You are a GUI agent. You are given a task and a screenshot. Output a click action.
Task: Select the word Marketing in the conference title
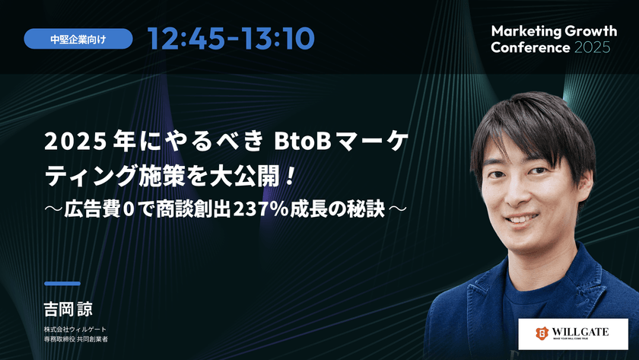pos(526,31)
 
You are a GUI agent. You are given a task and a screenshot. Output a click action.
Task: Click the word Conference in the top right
pos(530,47)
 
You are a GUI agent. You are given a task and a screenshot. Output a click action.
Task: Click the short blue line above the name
pos(62,283)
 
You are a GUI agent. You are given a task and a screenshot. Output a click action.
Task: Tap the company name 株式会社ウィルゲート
pos(76,330)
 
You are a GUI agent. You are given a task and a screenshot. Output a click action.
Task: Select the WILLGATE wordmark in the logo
pos(586,331)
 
